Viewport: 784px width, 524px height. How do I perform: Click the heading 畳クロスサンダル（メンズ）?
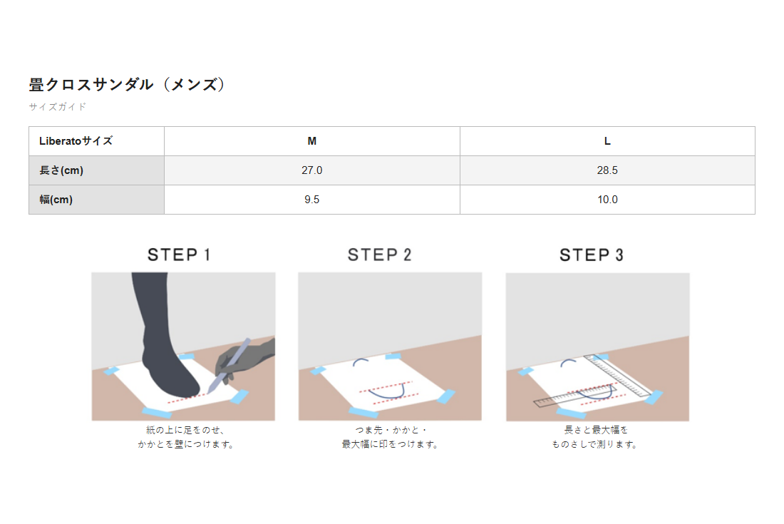click(x=127, y=84)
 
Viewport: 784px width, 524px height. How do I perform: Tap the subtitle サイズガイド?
click(x=58, y=106)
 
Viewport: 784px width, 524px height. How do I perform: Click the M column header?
click(x=312, y=141)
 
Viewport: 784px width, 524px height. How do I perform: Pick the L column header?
click(x=607, y=141)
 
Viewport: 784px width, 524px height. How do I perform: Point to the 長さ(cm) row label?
click(x=61, y=170)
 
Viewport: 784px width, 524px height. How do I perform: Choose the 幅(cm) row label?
click(x=56, y=200)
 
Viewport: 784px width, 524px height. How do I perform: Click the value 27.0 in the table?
click(x=312, y=170)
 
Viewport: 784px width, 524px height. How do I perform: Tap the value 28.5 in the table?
click(x=607, y=170)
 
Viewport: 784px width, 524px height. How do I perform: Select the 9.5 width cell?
click(x=312, y=200)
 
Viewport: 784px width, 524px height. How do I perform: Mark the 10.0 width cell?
click(x=607, y=200)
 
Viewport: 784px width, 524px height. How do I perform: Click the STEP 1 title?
click(x=178, y=255)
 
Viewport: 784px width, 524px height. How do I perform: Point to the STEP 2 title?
click(x=379, y=255)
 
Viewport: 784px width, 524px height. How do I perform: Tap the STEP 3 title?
click(x=592, y=255)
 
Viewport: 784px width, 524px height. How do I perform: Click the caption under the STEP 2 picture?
click(x=390, y=437)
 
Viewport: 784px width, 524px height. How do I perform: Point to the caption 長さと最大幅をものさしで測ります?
click(x=595, y=437)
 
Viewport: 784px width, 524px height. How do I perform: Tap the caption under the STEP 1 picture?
click(x=186, y=437)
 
